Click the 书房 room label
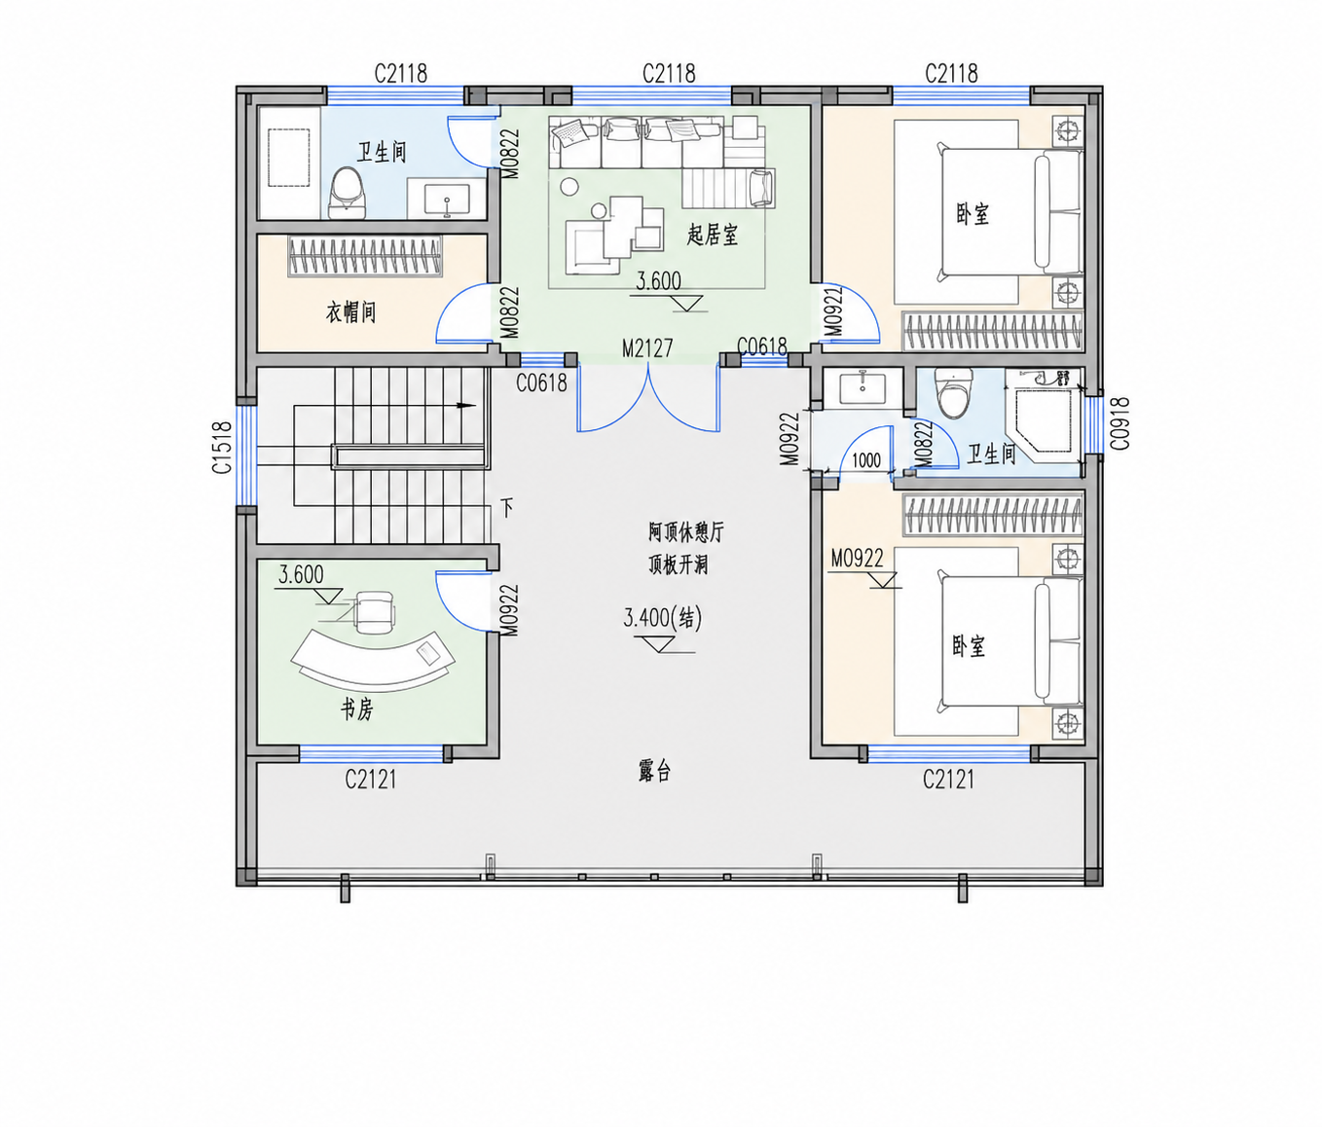[356, 709]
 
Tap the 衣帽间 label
[350, 312]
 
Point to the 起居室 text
[713, 235]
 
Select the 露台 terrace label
[654, 771]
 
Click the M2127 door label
[648, 348]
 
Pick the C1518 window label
[222, 447]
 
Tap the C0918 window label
[1120, 423]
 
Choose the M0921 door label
[833, 311]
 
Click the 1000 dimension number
[866, 460]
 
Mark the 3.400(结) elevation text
[663, 618]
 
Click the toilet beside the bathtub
[348, 194]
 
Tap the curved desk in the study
[373, 662]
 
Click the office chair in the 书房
[374, 612]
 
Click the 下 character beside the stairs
[506, 508]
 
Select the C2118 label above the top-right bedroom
[952, 74]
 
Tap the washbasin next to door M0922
[863, 387]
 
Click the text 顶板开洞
[678, 564]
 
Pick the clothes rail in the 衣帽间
[364, 256]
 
